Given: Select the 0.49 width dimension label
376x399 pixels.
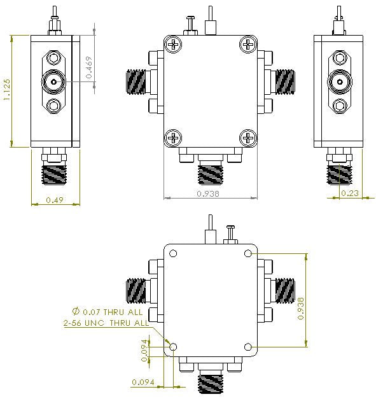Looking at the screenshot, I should point(55,200).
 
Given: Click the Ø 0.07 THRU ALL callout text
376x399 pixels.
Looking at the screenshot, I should point(108,311).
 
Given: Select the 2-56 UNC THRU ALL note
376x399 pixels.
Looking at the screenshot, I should point(106,323).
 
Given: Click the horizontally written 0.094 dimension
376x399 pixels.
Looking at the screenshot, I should point(143,382).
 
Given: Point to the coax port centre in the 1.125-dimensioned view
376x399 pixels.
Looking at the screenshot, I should point(54,81).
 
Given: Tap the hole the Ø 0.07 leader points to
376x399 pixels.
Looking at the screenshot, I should point(173,346).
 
